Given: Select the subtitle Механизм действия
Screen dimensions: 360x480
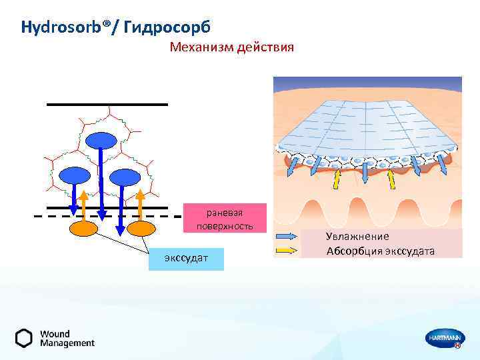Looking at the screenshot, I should pyautogui.click(x=231, y=48).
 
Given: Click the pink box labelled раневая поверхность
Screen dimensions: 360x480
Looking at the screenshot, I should pyautogui.click(x=225, y=218).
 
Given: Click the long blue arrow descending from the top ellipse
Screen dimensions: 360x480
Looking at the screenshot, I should pyautogui.click(x=101, y=187).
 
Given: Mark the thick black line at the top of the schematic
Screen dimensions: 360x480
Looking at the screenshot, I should pyautogui.click(x=107, y=105).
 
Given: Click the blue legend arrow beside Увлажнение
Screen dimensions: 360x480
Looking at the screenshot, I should pyautogui.click(x=286, y=237).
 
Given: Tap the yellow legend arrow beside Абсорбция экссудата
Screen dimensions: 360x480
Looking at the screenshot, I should pyautogui.click(x=286, y=251).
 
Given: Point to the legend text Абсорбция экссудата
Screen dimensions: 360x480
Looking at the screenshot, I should pyautogui.click(x=380, y=251).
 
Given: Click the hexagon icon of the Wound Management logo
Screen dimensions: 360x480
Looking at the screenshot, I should pyautogui.click(x=24, y=338).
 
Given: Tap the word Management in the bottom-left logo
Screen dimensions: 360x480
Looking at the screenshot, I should pyautogui.click(x=67, y=343).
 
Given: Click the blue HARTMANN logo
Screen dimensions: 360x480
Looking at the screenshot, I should pyautogui.click(x=444, y=339).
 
